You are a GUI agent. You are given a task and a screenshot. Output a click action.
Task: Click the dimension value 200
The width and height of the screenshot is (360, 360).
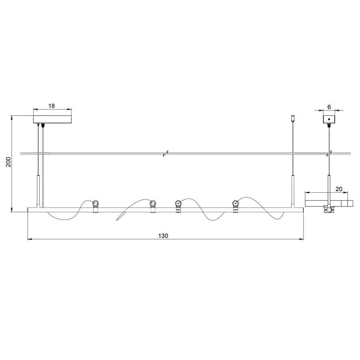click(8, 162)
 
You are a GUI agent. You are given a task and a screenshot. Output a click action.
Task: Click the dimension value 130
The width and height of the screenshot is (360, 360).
click(163, 236)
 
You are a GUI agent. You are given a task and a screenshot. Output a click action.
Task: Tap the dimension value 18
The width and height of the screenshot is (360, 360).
click(52, 106)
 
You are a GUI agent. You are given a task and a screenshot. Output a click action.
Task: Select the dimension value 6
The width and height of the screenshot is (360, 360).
click(329, 107)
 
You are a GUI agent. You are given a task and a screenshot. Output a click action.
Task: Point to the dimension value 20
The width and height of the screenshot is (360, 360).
click(339, 189)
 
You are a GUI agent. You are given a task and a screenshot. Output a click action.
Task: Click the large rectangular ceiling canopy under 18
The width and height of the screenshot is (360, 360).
click(52, 119)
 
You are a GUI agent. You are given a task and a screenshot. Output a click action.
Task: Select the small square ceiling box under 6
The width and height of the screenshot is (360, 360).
click(329, 119)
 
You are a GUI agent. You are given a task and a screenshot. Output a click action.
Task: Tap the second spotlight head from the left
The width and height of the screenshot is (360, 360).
click(153, 204)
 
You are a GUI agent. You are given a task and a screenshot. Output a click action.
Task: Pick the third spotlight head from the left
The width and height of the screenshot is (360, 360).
click(178, 204)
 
